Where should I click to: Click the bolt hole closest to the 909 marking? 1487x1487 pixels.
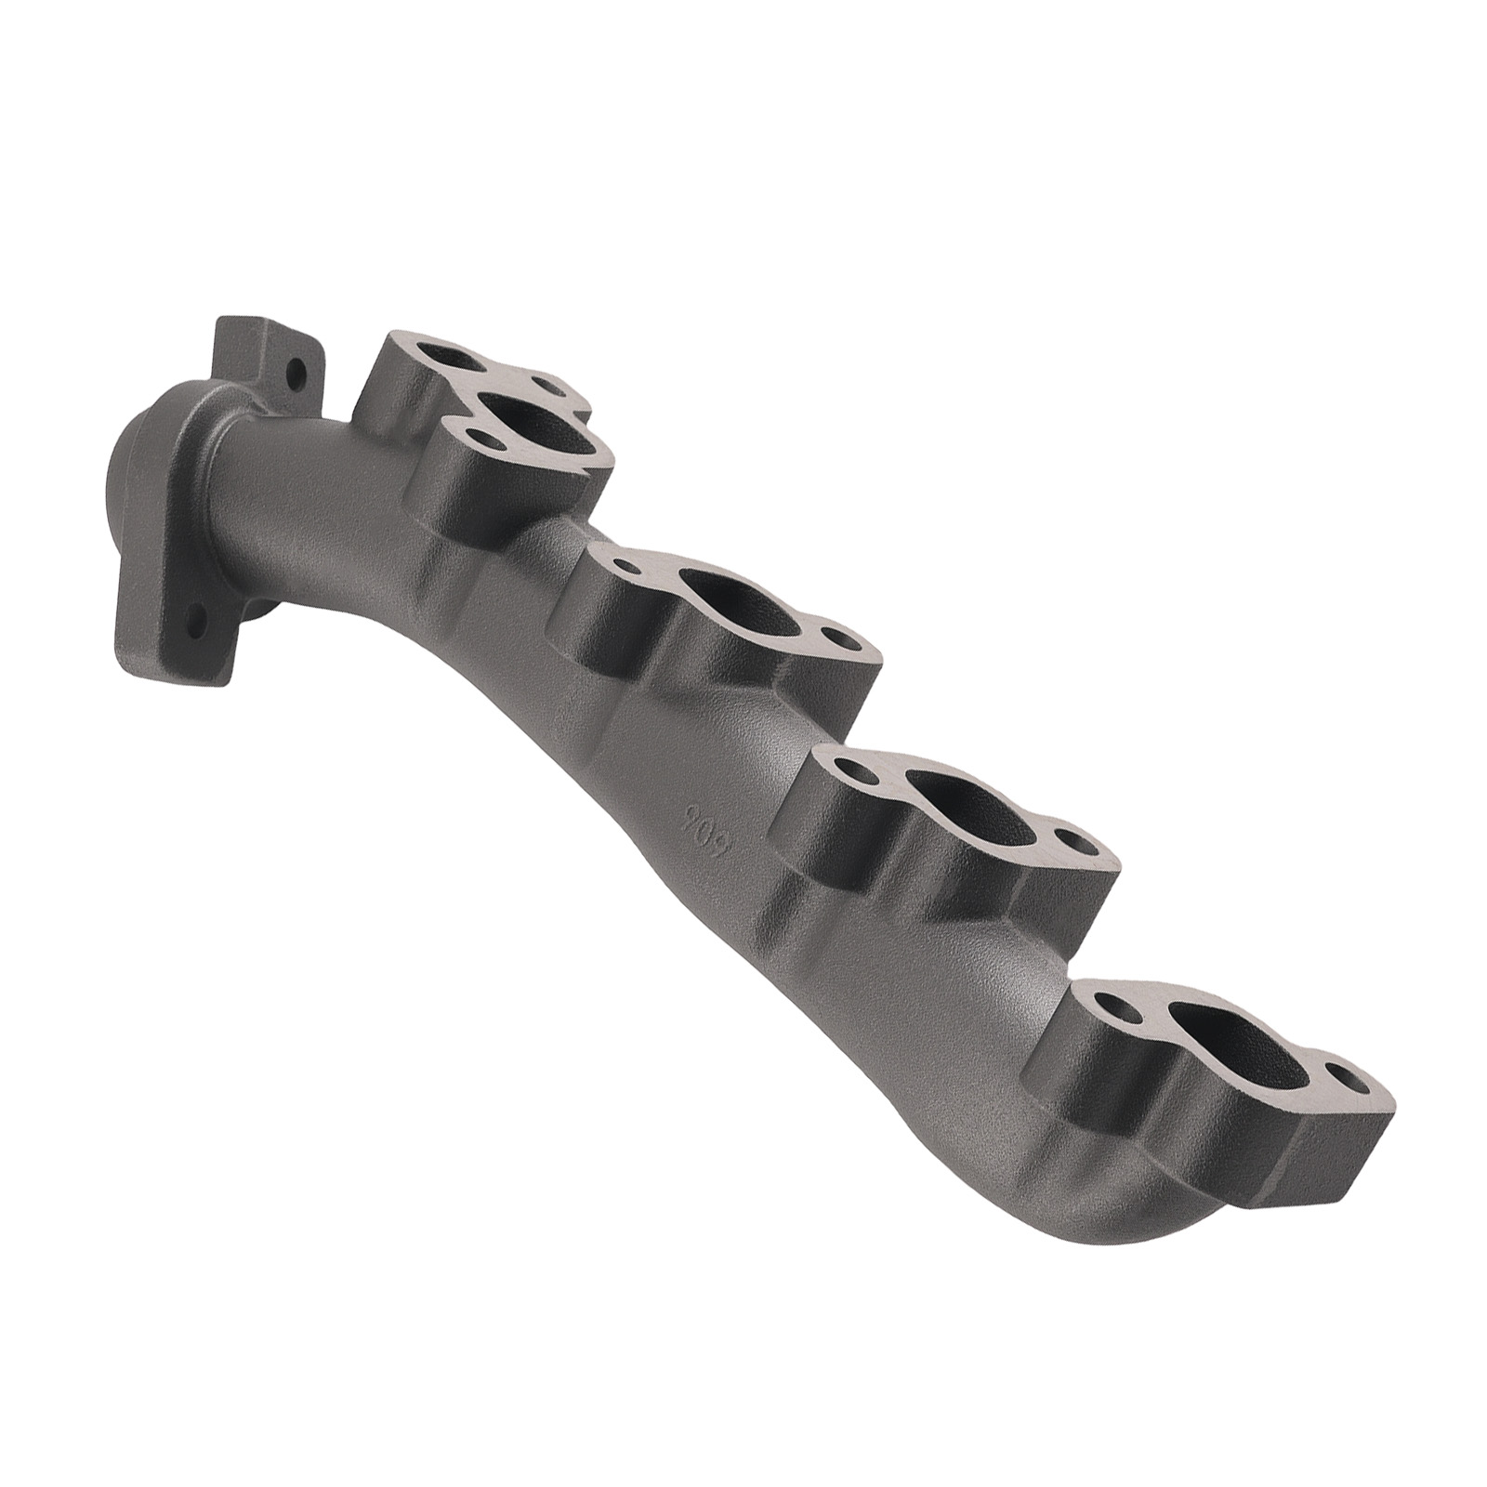852,770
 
